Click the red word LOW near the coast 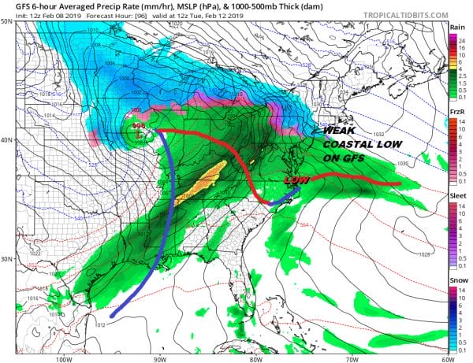[295, 180]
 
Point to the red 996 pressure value [138, 125]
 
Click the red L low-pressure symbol [139, 135]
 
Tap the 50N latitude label [7, 21]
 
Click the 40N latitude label [7, 139]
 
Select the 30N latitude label [7, 258]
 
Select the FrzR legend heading [456, 113]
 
